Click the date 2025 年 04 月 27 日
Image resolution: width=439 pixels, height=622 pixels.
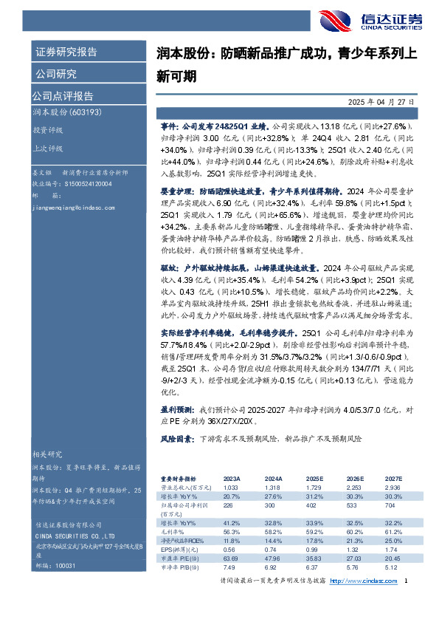tap(380, 102)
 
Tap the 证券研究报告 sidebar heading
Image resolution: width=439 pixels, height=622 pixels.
tap(66, 52)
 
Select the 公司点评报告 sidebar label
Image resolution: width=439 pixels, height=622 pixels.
tap(62, 95)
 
